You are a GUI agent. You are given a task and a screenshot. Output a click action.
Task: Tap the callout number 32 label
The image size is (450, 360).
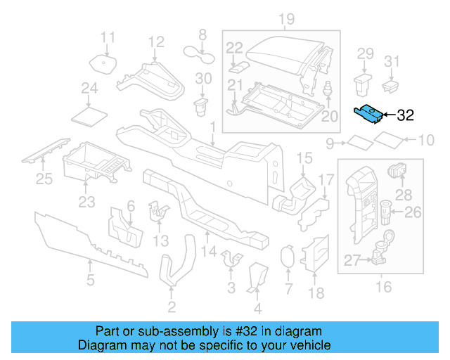click(406, 116)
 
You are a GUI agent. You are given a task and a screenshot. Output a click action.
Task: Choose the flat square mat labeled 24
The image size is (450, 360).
click(89, 113)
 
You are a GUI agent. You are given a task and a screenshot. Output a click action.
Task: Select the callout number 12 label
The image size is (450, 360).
click(155, 41)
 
